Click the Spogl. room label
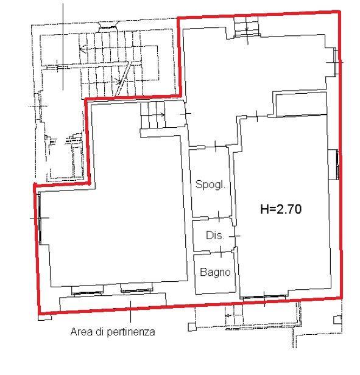[x=211, y=184]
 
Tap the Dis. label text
[x=216, y=236]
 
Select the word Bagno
[x=215, y=272]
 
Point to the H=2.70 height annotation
[x=281, y=209]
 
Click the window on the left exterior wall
[x=40, y=218]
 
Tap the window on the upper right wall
[x=336, y=61]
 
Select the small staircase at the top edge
[x=247, y=26]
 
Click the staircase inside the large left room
[x=153, y=115]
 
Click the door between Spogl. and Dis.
[x=219, y=217]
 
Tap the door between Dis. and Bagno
[x=221, y=251]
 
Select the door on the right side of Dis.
[x=235, y=236]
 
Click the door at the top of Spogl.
[x=216, y=146]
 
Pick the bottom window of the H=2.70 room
[x=264, y=297]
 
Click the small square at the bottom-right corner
[x=337, y=320]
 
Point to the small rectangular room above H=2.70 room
[x=302, y=105]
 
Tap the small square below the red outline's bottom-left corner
[x=45, y=317]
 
